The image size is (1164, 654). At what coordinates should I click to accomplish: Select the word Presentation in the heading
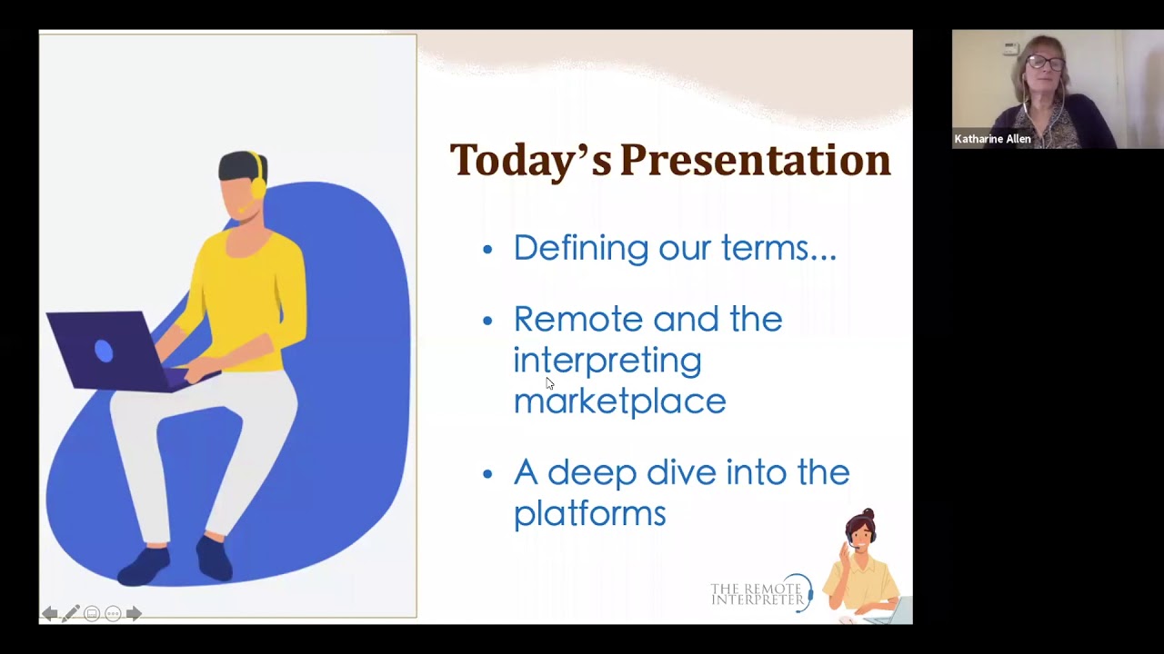(755, 160)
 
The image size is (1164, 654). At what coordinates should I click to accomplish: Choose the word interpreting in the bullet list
(607, 361)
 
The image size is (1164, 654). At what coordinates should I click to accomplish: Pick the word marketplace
(619, 401)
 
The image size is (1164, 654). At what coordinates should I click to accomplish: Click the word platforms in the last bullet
(589, 513)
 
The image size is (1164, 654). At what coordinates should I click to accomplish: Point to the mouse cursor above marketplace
(549, 383)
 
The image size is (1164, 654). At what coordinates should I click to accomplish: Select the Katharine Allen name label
(992, 139)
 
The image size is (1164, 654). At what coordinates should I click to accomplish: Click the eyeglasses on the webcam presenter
(1046, 63)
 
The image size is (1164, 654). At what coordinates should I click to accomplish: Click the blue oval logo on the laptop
(104, 351)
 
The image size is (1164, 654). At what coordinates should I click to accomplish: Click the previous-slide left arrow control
(50, 614)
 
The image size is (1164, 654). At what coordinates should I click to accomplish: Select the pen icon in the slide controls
(71, 614)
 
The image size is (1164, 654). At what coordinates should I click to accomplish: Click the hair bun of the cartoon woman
(868, 515)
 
